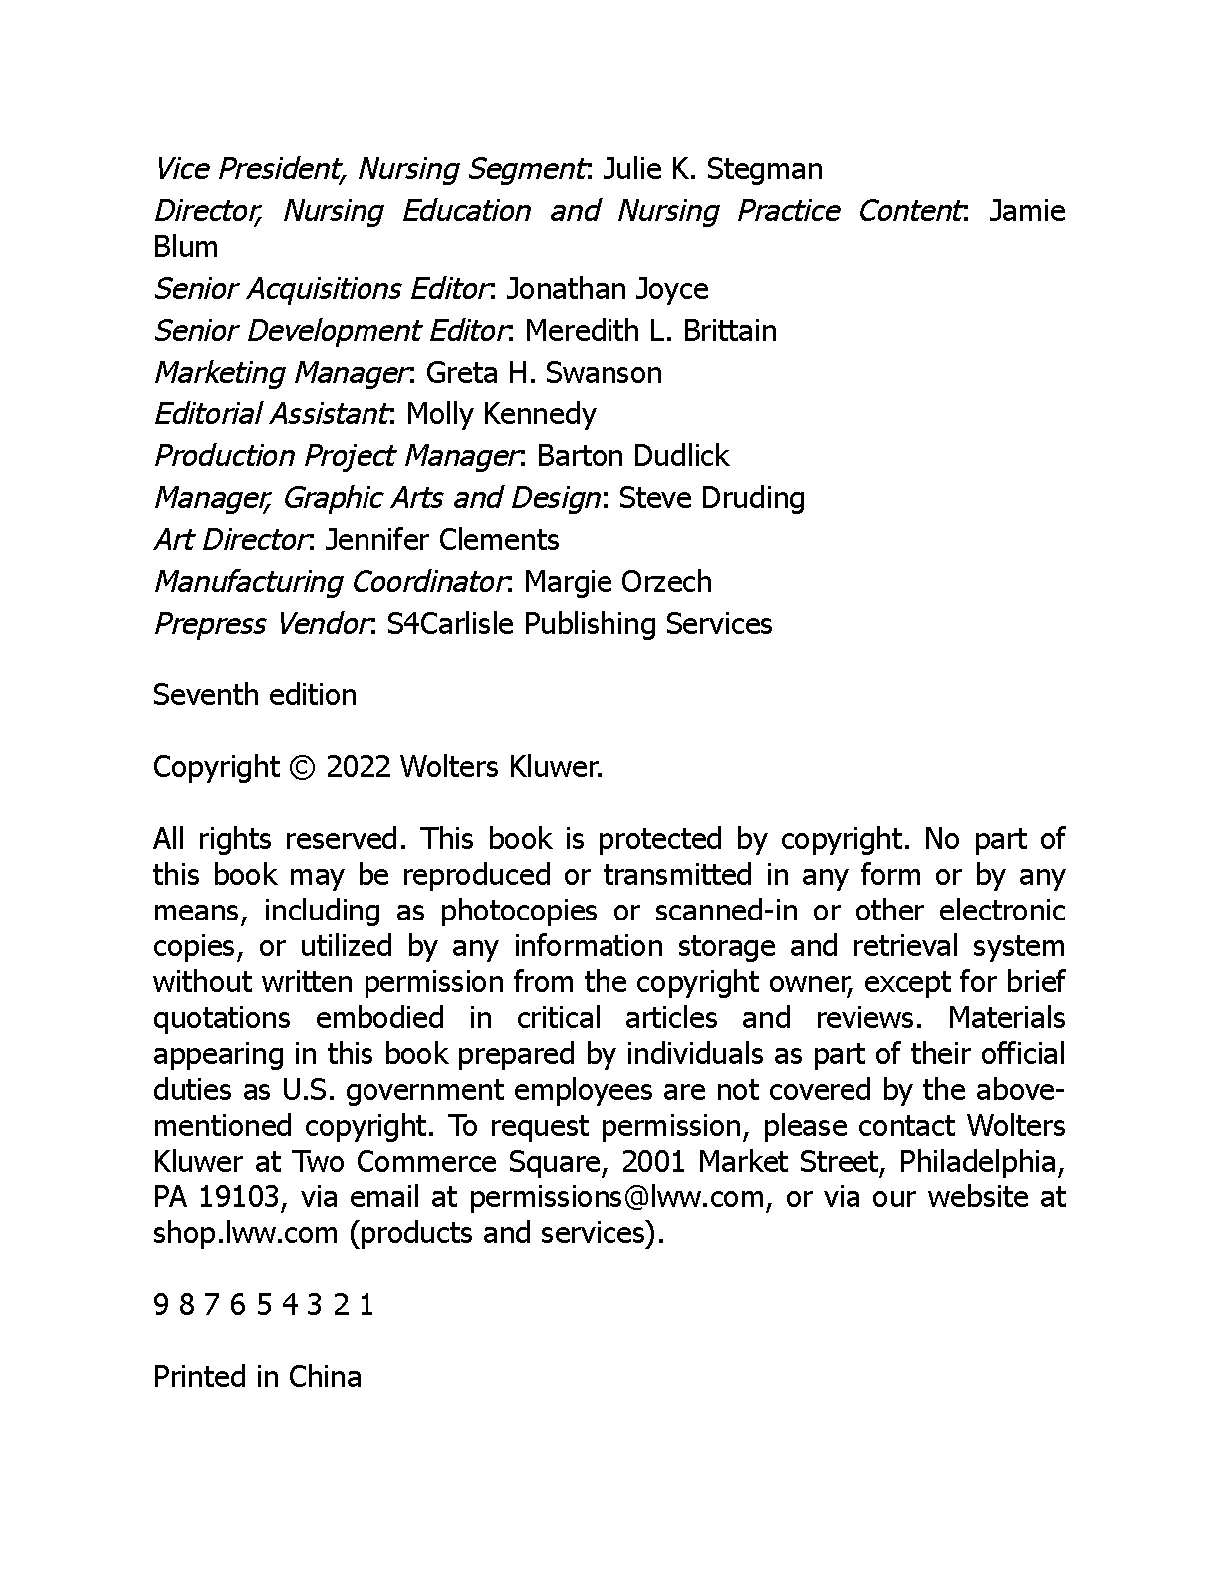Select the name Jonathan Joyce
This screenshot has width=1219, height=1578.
tap(608, 289)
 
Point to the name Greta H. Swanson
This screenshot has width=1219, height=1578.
tap(544, 373)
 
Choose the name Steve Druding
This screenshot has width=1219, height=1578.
tap(712, 498)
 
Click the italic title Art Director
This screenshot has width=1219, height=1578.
tap(230, 540)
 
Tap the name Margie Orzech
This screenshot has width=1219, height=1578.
tap(617, 582)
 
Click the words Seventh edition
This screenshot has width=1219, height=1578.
tap(255, 695)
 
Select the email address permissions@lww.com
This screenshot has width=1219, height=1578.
tap(617, 1197)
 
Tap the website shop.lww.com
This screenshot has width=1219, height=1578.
tap(245, 1233)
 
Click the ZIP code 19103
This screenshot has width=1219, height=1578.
tap(238, 1197)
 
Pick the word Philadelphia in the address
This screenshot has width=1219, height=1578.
tap(982, 1162)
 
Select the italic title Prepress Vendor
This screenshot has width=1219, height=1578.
tap(261, 624)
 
